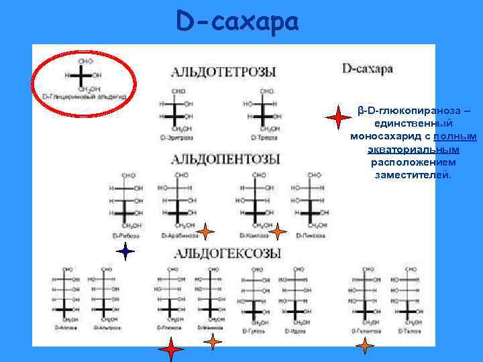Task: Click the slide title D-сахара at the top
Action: [237, 22]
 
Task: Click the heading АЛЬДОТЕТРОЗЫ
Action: [223, 71]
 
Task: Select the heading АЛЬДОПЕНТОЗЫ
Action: [225, 159]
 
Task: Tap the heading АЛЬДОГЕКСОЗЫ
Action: [227, 253]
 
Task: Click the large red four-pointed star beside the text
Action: [339, 118]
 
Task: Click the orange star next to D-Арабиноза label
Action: [205, 233]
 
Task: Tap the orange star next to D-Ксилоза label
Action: [278, 232]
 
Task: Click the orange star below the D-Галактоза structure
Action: [365, 346]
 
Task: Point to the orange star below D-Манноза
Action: [213, 342]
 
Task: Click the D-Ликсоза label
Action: [311, 236]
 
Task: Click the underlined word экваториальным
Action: [413, 149]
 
